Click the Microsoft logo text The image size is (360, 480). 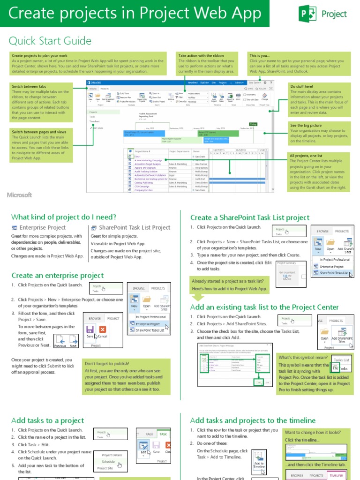(x=19, y=195)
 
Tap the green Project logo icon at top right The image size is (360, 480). (x=305, y=14)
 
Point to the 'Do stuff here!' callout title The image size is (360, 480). (x=302, y=87)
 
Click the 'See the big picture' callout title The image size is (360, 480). (x=306, y=125)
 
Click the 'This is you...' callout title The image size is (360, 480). (x=260, y=55)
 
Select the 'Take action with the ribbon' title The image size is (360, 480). (x=201, y=55)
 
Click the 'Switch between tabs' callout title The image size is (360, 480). (x=29, y=87)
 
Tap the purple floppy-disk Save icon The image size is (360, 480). (x=90, y=330)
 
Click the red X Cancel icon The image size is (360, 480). (x=102, y=330)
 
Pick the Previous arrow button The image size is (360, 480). (x=60, y=340)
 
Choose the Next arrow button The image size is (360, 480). (x=73, y=340)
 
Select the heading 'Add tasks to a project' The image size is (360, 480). (x=47, y=420)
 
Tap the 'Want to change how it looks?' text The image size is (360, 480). (x=315, y=433)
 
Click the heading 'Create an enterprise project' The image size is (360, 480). (x=57, y=275)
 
